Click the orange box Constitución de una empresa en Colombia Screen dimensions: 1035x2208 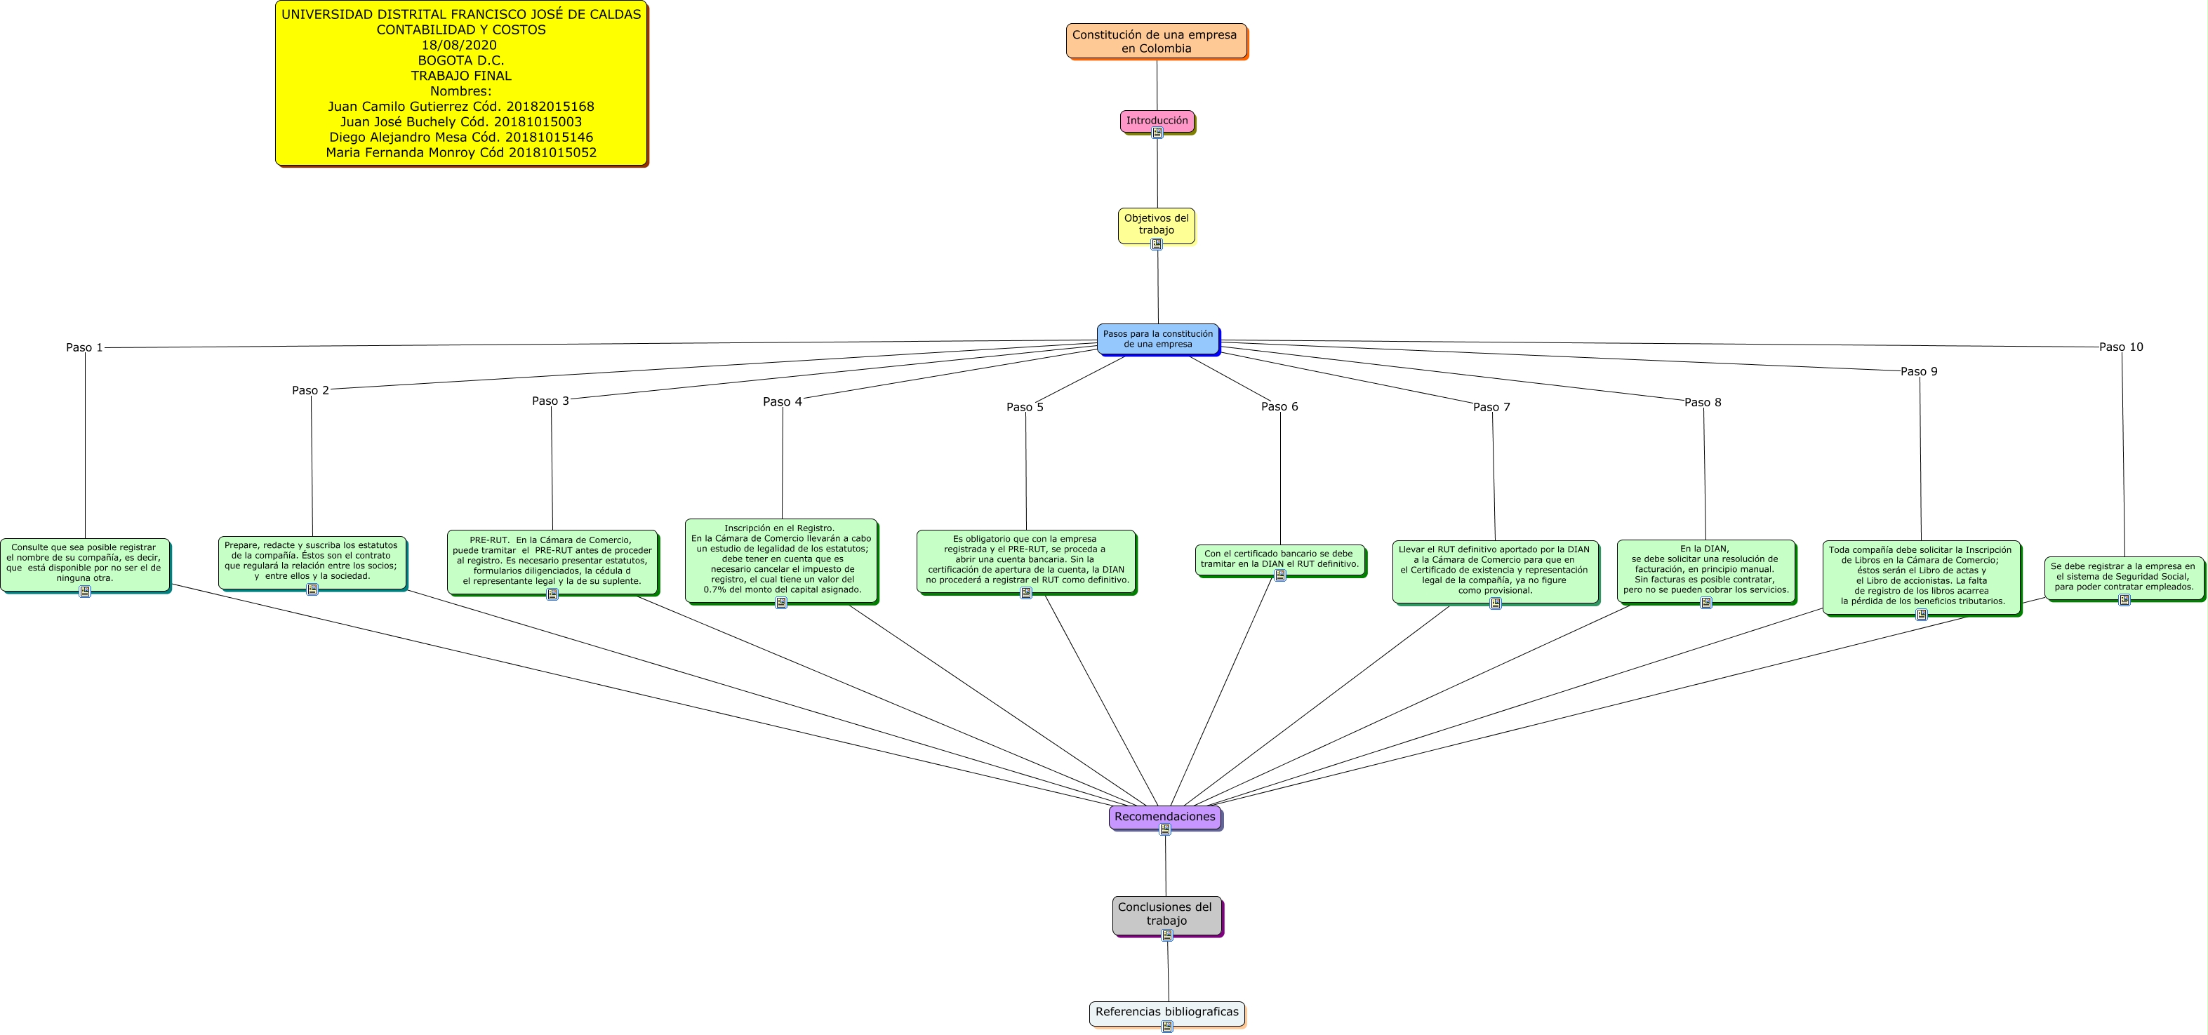1155,41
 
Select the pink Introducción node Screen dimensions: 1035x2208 1156,121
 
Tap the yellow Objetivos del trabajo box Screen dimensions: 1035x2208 1156,224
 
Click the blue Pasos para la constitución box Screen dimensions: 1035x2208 1157,338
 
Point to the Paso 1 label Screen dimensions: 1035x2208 84,348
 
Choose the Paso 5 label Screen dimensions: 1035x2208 1024,407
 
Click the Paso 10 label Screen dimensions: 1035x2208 2120,347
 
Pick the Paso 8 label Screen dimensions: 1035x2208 1702,403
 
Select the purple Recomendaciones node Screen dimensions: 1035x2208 1164,817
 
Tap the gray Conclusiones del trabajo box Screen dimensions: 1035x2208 1166,914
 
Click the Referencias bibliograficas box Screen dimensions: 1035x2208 1166,1012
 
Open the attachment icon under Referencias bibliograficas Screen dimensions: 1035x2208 1166,1027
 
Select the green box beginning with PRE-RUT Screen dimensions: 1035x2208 552,561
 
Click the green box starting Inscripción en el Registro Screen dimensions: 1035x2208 781,559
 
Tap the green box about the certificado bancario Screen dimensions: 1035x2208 1279,559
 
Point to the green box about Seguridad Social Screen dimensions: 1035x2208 2123,577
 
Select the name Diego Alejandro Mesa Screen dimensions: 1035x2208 460,137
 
